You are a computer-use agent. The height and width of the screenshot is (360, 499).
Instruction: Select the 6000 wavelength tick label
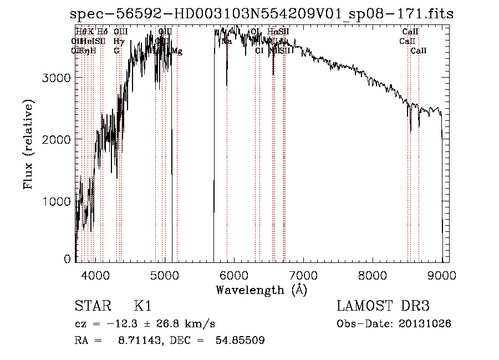click(x=234, y=275)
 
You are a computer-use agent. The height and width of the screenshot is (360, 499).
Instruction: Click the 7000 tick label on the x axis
click(x=303, y=275)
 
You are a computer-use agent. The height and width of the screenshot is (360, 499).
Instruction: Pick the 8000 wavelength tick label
click(x=373, y=275)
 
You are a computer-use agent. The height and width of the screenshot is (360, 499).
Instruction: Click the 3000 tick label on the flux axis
click(x=57, y=78)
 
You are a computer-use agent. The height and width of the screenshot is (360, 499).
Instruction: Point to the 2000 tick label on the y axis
click(x=57, y=139)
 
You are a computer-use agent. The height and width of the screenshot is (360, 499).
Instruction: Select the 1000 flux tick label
click(x=57, y=201)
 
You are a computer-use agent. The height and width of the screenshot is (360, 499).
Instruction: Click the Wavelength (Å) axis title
click(x=261, y=290)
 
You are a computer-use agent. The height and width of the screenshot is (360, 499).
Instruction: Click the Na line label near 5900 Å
click(x=227, y=41)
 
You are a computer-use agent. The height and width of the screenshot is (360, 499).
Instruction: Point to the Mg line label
click(x=177, y=51)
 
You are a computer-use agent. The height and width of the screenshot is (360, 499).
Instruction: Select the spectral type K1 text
click(x=142, y=306)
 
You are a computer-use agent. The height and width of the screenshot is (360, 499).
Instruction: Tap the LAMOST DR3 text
click(x=383, y=306)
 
